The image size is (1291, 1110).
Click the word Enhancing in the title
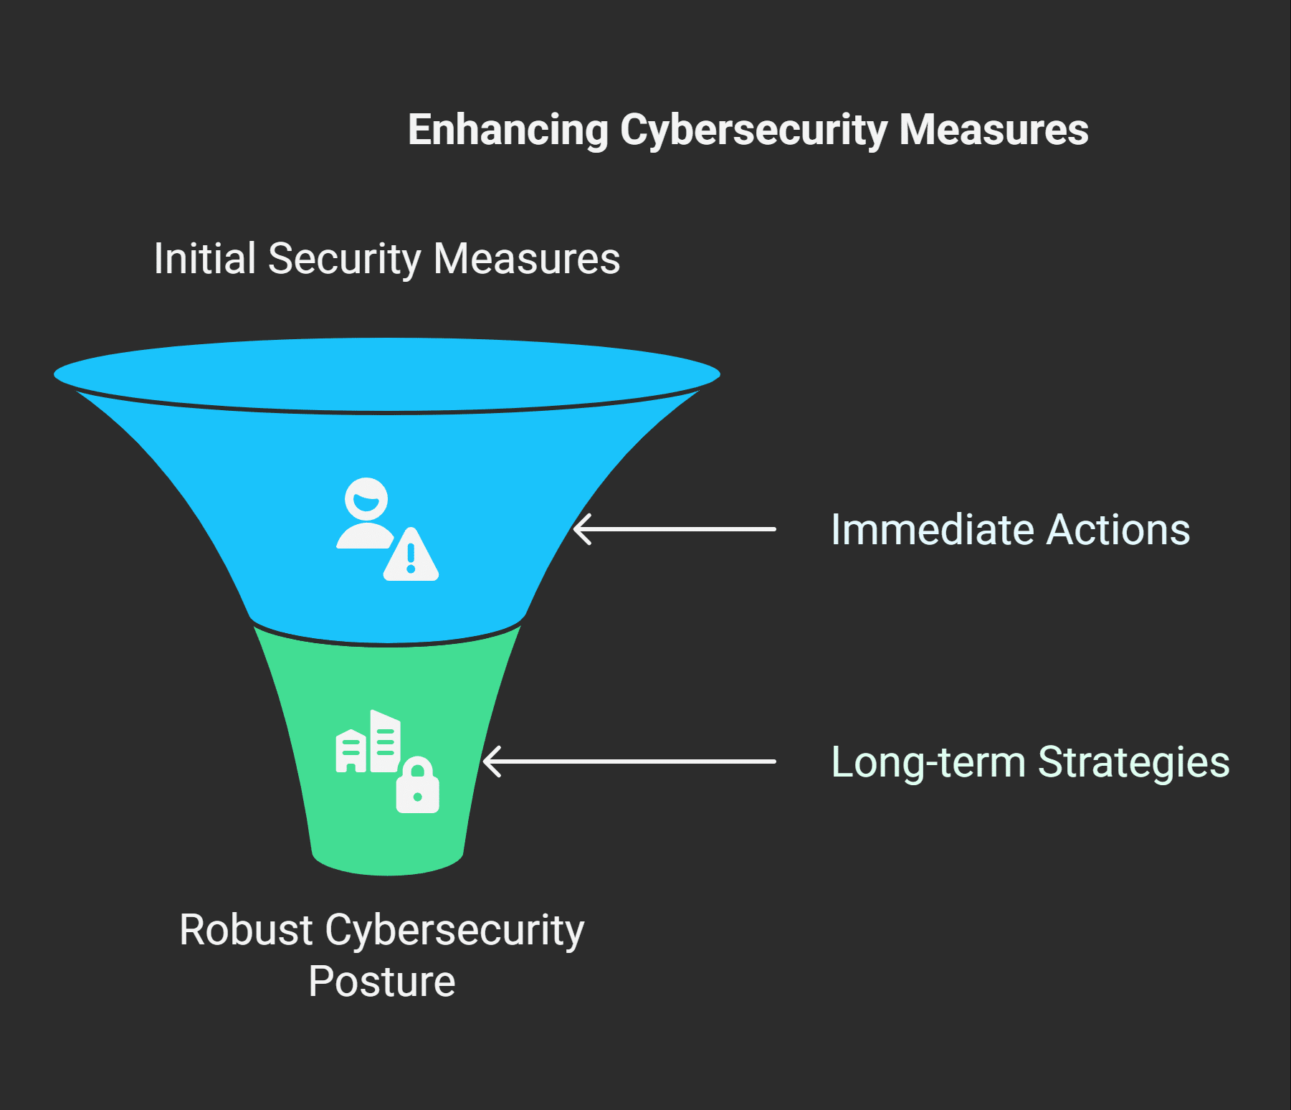point(508,130)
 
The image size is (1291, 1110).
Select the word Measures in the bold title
point(994,130)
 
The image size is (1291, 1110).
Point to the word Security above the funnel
point(344,258)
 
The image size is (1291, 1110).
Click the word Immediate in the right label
point(932,530)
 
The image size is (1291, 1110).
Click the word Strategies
point(1133,762)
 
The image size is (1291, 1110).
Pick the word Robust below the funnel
point(246,930)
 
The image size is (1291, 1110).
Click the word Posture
point(382,982)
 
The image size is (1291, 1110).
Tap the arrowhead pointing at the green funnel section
point(491,761)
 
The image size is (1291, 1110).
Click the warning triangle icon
point(411,556)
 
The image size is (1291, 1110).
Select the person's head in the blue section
point(366,498)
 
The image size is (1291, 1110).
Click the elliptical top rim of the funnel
point(387,374)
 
